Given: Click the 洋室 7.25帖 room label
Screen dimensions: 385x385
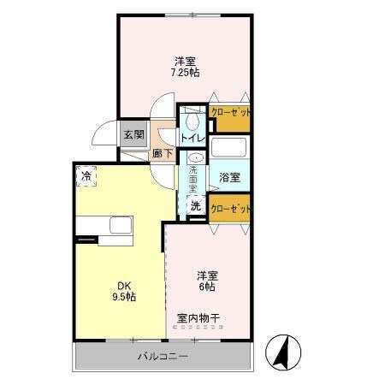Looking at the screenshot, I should pos(186,67).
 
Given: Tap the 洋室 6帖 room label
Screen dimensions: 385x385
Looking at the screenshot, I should pos(207,281).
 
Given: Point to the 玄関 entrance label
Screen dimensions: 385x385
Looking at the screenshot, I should pos(133,134).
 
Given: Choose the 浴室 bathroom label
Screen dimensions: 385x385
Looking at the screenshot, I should pos(228,177).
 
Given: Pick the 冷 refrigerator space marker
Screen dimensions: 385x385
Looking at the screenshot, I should pos(86,176).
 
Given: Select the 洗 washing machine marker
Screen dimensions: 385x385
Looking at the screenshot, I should pos(195,205).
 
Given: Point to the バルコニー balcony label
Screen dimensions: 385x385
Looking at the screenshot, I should pos(163,355).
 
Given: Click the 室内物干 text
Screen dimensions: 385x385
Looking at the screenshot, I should pos(198,319).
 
